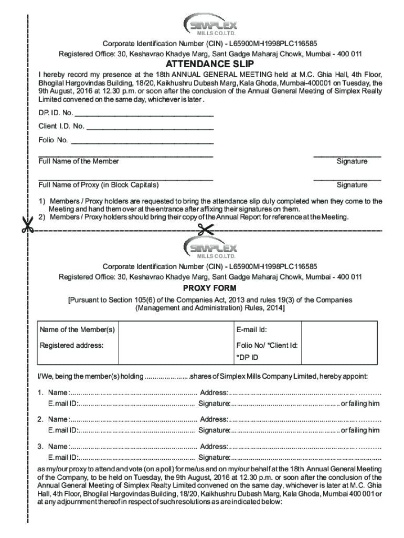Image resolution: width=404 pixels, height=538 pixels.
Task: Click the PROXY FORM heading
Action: click(209, 288)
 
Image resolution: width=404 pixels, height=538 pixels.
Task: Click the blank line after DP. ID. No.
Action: click(144, 114)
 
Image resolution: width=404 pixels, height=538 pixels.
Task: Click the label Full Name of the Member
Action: click(79, 161)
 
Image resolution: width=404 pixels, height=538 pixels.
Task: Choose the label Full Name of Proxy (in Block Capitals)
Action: click(99, 185)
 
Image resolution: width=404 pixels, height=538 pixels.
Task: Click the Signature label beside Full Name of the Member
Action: click(352, 161)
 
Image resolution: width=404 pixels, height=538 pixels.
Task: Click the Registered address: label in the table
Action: click(72, 345)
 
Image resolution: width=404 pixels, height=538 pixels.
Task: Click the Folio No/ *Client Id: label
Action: click(267, 345)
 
